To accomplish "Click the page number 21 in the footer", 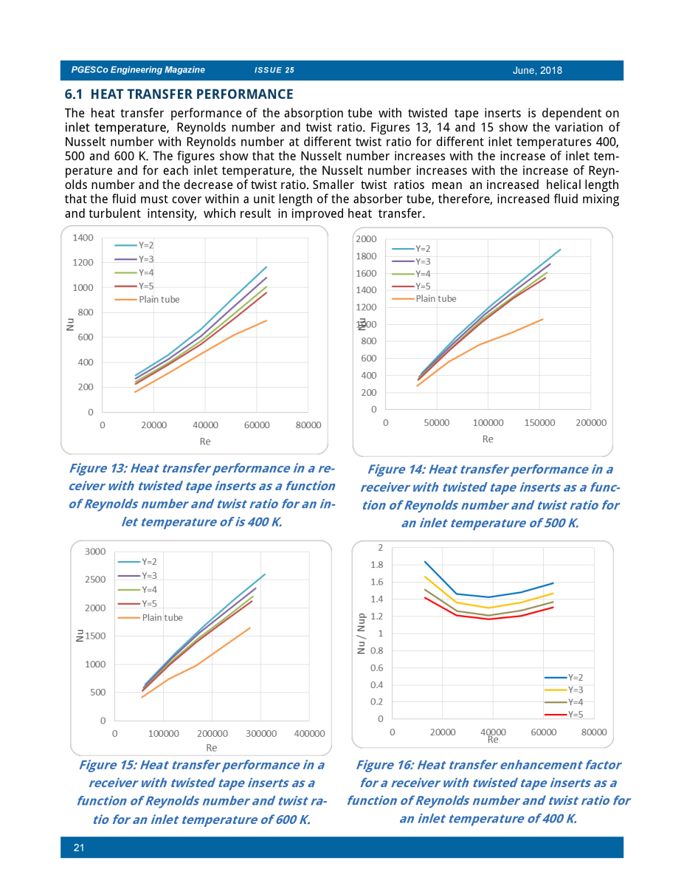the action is tap(79, 848).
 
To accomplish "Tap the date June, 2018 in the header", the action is tap(537, 71).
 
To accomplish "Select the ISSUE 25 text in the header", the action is tap(274, 70).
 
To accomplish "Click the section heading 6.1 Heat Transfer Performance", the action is tap(179, 95).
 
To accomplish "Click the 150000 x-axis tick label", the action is tap(539, 423).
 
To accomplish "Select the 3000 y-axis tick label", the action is tap(95, 552).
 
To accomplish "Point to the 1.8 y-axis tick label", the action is tap(377, 565).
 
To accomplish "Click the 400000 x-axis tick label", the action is tap(310, 733).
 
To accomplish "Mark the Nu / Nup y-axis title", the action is tap(361, 633).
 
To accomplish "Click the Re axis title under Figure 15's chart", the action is tap(212, 748).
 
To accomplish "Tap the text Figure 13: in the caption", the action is tap(98, 468).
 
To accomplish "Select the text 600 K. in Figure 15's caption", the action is tap(293, 819).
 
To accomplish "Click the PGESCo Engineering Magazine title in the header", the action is tap(138, 69).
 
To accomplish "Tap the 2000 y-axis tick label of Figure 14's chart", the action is tap(366, 239).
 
